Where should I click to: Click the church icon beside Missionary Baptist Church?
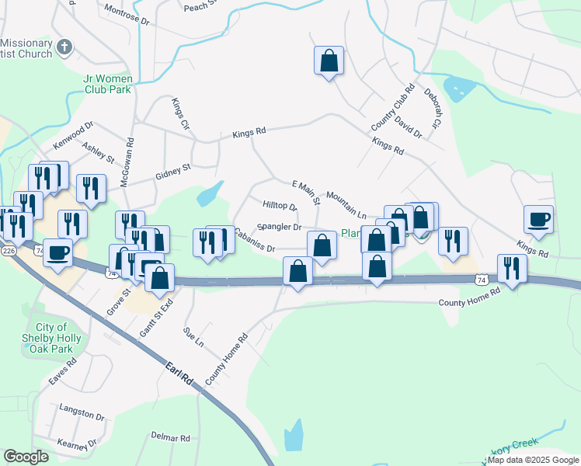(x=64, y=48)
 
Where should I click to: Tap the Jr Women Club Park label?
(x=106, y=83)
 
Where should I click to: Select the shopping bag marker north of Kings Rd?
(x=329, y=61)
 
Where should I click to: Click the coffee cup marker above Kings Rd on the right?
(x=538, y=220)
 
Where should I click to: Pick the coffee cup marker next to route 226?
(x=58, y=253)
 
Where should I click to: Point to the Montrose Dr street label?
(x=125, y=16)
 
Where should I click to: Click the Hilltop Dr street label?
(x=280, y=205)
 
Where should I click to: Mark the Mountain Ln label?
(x=346, y=203)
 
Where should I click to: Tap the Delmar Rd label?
(x=171, y=438)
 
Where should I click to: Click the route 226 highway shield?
(x=9, y=251)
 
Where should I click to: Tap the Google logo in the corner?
(x=26, y=456)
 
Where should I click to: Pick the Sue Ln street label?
(x=193, y=337)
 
